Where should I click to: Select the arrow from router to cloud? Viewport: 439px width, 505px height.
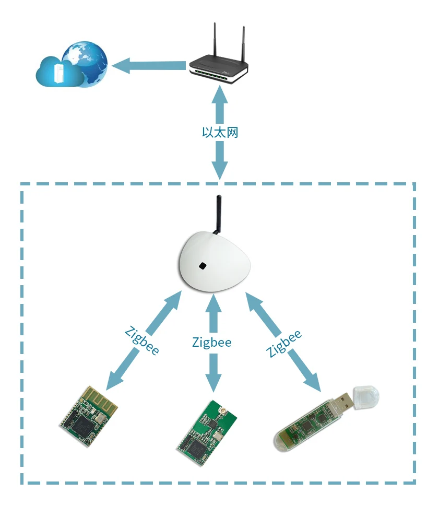(149, 66)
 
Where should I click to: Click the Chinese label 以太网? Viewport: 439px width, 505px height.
(220, 132)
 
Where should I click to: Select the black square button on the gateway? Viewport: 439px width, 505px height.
(203, 266)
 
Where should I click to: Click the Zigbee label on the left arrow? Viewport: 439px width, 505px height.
(142, 341)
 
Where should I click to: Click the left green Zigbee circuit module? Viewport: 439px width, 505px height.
(89, 412)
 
